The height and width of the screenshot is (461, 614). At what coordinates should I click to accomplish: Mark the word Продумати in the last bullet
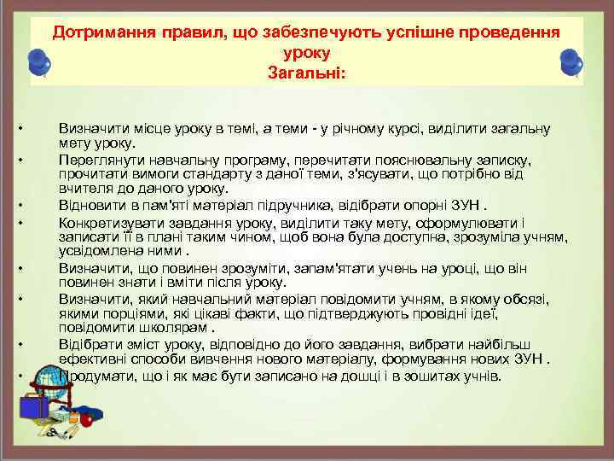[x=94, y=376]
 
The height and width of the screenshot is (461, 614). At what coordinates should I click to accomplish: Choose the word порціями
[x=112, y=314]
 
